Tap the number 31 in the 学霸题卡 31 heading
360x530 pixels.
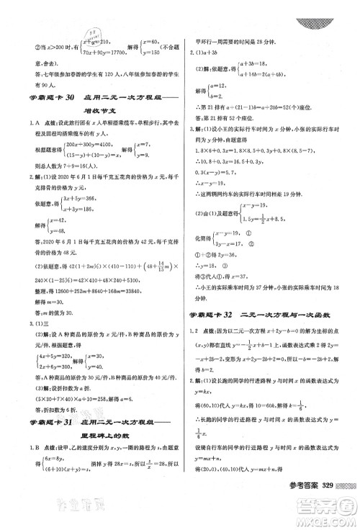coord(72,421)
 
